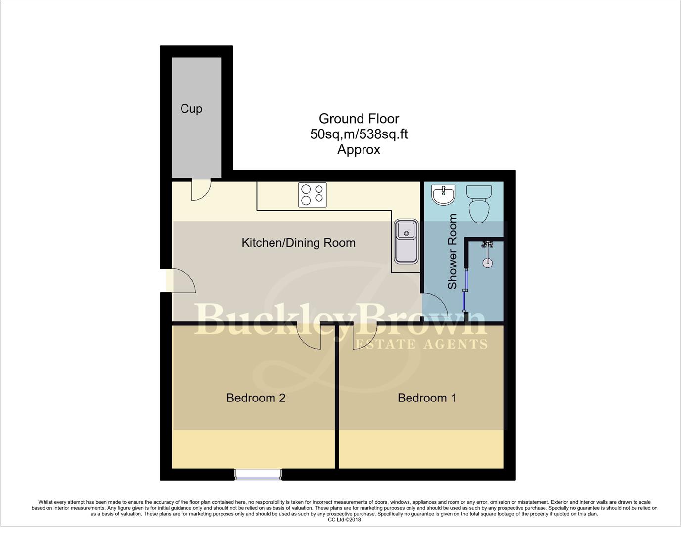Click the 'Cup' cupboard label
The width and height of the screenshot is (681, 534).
click(x=191, y=109)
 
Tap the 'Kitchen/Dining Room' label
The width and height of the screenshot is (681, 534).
click(x=298, y=243)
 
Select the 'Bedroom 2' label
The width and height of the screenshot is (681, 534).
click(x=256, y=398)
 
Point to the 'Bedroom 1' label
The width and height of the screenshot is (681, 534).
click(x=427, y=398)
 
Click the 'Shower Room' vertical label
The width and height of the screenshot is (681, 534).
click(x=452, y=252)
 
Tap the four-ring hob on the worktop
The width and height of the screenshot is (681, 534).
click(x=313, y=195)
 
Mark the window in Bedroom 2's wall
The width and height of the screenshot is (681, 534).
click(x=258, y=474)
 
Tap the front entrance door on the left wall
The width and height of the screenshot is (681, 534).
click(x=183, y=282)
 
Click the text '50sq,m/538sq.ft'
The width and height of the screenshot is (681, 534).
click(x=359, y=134)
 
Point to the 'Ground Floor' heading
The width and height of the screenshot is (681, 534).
click(x=359, y=119)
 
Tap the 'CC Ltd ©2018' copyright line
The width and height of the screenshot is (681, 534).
click(x=344, y=520)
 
